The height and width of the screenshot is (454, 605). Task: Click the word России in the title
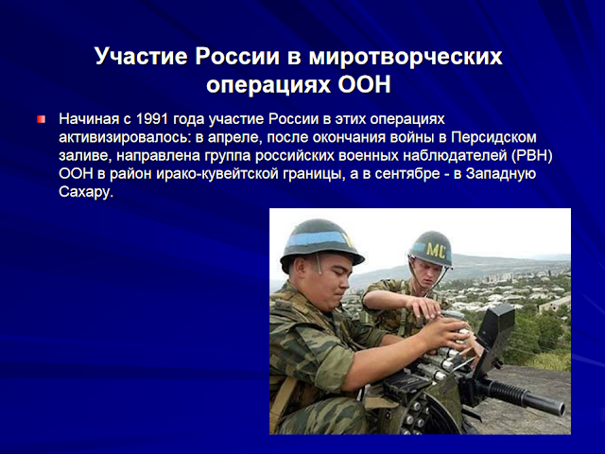point(237,57)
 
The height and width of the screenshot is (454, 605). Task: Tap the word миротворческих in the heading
point(406,58)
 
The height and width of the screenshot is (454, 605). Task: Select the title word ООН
point(364,85)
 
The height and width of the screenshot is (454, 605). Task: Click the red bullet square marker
point(42,119)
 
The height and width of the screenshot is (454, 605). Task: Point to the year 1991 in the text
point(152,119)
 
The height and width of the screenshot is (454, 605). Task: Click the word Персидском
point(493,137)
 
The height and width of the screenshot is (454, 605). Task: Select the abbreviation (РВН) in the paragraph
point(532,155)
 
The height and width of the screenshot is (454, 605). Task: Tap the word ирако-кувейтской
point(217,174)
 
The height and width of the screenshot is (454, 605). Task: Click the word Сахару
point(86,192)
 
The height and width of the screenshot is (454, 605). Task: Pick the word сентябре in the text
point(407,174)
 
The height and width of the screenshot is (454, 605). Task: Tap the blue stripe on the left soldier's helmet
point(316,239)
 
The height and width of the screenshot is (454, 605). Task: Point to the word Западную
point(501,174)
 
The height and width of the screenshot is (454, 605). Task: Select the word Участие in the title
point(141,57)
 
